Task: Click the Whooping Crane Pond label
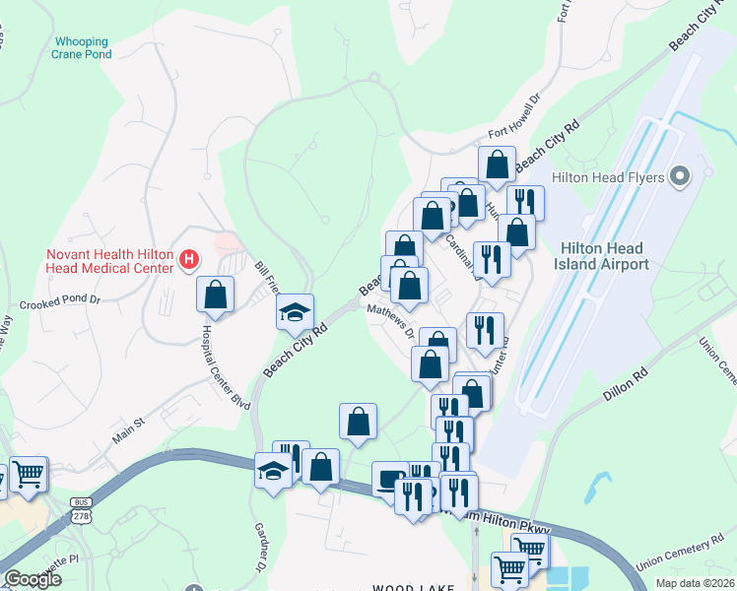click(81, 48)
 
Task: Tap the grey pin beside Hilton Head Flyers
click(678, 176)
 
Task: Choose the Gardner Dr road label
click(260, 548)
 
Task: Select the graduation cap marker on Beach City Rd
click(295, 312)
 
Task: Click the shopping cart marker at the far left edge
click(27, 475)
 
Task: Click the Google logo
click(33, 579)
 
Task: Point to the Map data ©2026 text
click(693, 583)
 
